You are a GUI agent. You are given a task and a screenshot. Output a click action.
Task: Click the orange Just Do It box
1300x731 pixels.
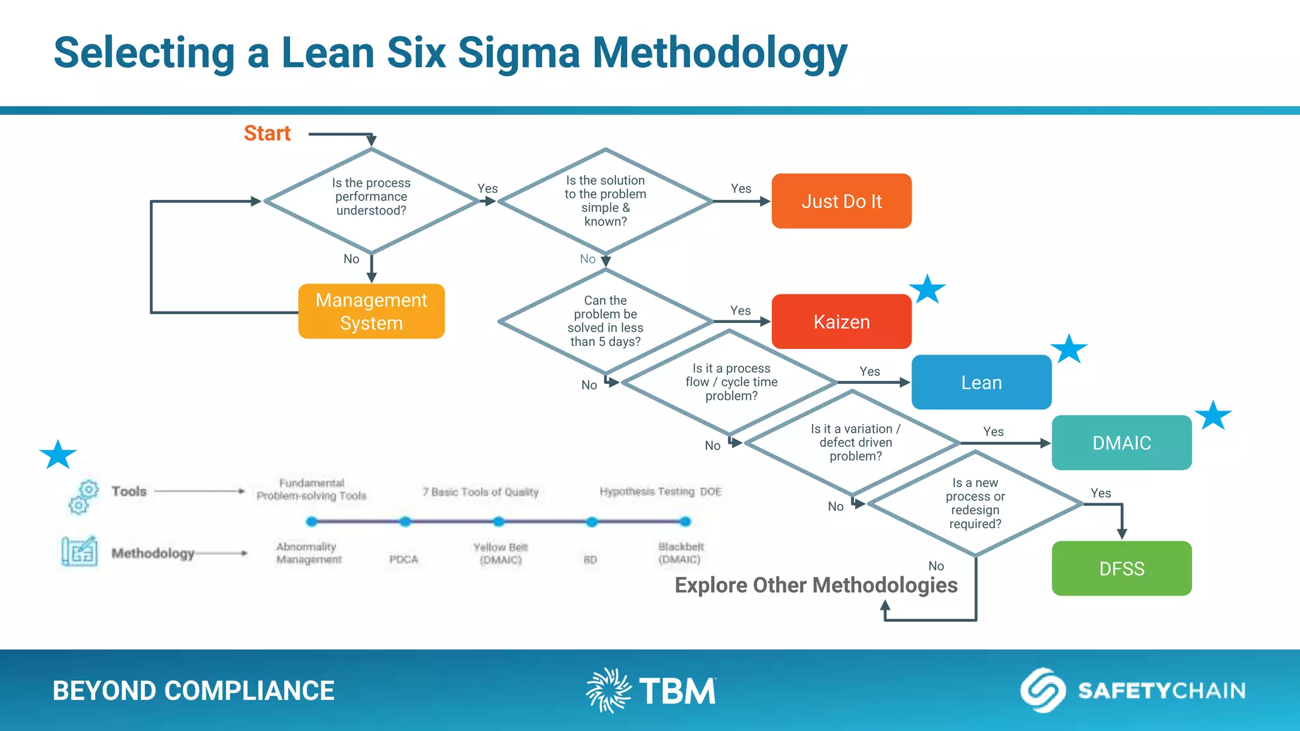[x=841, y=201]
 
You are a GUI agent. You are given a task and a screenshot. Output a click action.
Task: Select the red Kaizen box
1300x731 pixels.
[x=841, y=322]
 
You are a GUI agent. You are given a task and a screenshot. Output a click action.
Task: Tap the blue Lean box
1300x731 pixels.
[x=981, y=382]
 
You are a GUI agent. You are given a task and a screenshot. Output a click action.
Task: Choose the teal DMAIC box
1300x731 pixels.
[x=1121, y=443]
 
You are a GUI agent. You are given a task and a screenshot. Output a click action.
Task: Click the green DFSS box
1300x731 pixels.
[x=1121, y=569]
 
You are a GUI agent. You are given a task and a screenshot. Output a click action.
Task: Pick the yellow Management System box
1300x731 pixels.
[x=371, y=311]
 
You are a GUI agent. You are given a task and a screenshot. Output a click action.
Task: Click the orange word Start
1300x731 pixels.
[x=267, y=133]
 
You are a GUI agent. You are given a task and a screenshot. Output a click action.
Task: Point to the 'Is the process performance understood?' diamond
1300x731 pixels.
[x=371, y=201]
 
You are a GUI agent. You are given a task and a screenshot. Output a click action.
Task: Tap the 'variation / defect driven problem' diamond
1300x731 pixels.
[x=854, y=443]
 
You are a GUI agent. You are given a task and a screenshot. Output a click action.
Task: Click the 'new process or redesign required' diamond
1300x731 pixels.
[x=975, y=504]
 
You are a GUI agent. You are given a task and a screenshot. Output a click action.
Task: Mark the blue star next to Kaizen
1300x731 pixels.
[x=927, y=289]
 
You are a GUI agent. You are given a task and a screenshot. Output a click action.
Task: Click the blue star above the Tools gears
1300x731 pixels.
[x=58, y=454]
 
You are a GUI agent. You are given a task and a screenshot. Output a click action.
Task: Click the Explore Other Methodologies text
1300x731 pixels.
[x=816, y=585]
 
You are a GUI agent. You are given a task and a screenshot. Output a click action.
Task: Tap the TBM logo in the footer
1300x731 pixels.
[x=651, y=690]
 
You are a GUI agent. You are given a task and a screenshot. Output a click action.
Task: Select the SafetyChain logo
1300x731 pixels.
[x=1133, y=690]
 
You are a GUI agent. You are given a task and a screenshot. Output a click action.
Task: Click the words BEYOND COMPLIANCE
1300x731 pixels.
[x=193, y=690]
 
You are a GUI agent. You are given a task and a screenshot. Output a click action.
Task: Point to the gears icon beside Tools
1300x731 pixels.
[x=83, y=497]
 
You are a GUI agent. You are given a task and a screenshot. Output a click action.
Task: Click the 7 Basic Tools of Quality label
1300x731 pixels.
[x=481, y=492]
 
